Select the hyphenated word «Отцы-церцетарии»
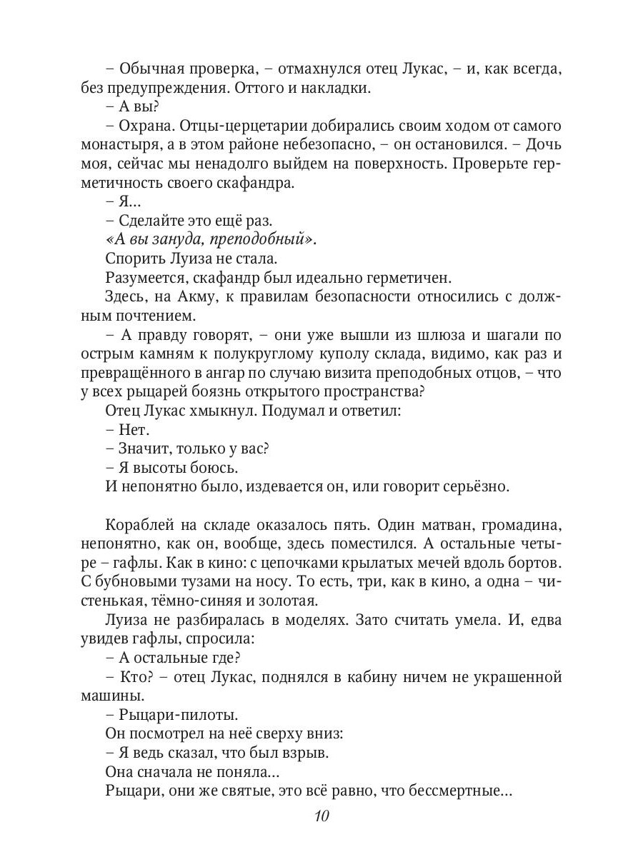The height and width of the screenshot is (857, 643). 234,126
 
